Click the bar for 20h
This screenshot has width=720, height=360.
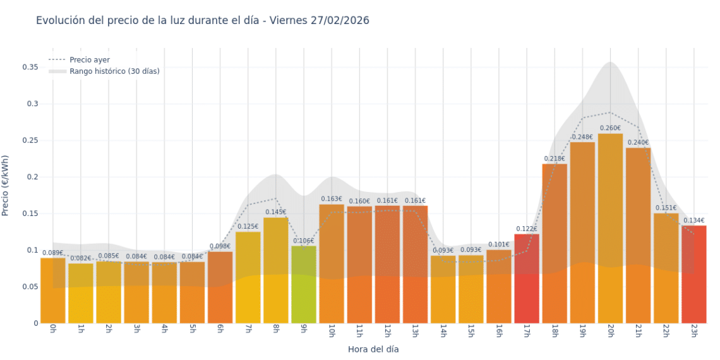click(x=610, y=227)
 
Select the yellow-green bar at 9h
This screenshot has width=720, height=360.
click(x=304, y=284)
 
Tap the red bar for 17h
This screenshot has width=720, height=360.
click(x=527, y=278)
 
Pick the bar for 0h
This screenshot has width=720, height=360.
click(x=53, y=291)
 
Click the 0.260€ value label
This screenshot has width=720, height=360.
click(x=610, y=128)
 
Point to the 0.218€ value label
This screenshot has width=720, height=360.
click(x=555, y=159)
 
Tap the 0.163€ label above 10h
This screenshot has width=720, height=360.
click(x=332, y=199)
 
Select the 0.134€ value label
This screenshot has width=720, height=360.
click(x=693, y=220)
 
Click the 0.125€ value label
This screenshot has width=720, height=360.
click(x=248, y=226)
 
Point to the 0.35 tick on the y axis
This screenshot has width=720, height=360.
click(x=30, y=67)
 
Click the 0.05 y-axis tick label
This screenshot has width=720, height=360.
click(x=30, y=287)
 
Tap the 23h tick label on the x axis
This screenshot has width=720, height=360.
click(x=693, y=330)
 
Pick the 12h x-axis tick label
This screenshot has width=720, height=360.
click(x=387, y=330)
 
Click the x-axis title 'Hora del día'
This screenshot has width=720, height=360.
click(x=373, y=349)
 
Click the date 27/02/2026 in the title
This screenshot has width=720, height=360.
click(x=340, y=21)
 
